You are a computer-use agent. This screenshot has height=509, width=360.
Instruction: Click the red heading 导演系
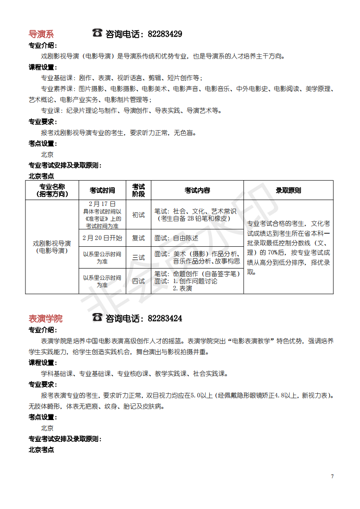(x=41, y=34)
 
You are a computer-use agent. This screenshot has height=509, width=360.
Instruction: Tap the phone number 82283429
(x=165, y=34)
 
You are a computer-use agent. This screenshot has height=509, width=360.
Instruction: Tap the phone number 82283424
(x=165, y=318)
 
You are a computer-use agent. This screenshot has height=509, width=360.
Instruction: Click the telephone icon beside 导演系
(x=97, y=33)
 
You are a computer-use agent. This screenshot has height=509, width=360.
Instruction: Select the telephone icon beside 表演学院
(x=97, y=317)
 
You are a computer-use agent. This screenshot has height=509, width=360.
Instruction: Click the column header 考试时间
(x=102, y=191)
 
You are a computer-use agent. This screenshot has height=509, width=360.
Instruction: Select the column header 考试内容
(x=197, y=191)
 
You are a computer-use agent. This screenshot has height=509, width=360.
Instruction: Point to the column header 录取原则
(x=288, y=191)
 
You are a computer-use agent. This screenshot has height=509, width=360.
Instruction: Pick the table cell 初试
(x=138, y=215)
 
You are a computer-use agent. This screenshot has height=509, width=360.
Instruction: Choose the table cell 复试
(x=138, y=238)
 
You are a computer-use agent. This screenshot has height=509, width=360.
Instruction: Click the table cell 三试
(x=138, y=258)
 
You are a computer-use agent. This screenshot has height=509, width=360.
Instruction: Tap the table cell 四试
(x=138, y=281)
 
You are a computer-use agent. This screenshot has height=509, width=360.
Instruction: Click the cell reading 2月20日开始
(x=102, y=238)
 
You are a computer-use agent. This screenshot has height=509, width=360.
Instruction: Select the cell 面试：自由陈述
(x=177, y=238)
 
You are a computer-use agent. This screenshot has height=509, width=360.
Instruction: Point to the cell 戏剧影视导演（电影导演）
(x=52, y=247)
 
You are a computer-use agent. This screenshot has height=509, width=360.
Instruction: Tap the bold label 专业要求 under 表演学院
(x=43, y=384)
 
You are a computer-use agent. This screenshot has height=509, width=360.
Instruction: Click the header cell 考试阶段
(x=138, y=191)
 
